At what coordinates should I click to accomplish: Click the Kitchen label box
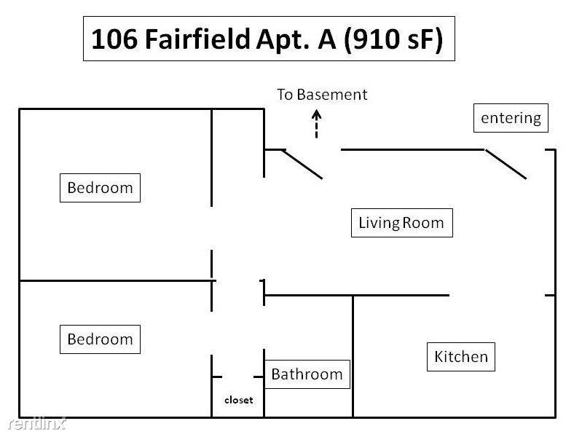pos(460,356)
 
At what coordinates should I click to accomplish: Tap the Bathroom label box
pos(307,374)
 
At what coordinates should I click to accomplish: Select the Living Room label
pos(401,223)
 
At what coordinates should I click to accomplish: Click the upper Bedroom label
pos(100,187)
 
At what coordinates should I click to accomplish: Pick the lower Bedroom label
pos(100,339)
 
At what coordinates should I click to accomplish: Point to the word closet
pos(239,400)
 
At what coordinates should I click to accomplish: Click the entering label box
pos(511,118)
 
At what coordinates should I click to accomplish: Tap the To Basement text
pos(322,95)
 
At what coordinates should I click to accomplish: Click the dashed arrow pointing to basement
pos(316,124)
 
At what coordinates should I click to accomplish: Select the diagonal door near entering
pos(506,164)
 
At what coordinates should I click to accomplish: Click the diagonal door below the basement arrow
pos(302,164)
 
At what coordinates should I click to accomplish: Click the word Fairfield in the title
pos(197,39)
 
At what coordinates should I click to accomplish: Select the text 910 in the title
pos(374,39)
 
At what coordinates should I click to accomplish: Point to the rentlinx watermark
pos(36,423)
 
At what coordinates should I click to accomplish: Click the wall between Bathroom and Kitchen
pos(353,356)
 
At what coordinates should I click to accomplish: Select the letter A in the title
pos(327,39)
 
